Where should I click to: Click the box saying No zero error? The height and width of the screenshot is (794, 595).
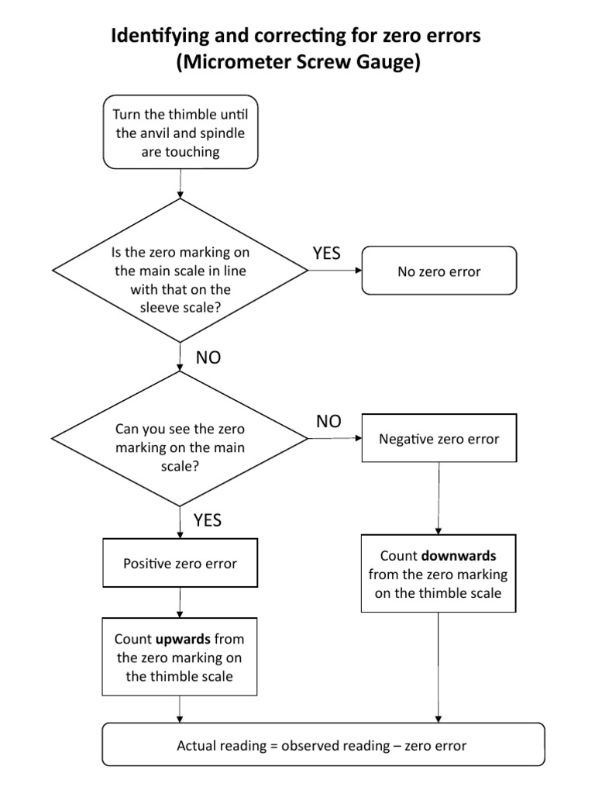pos(439,271)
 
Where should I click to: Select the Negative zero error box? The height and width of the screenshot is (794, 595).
pos(439,439)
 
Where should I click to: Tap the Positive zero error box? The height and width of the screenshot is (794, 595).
pos(180,563)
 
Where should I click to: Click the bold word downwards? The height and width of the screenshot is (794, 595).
pos(459,556)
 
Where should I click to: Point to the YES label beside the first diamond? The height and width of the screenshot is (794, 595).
pos(326,253)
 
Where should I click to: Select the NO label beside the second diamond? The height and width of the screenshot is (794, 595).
pos(328,421)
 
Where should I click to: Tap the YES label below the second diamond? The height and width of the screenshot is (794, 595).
pos(207,520)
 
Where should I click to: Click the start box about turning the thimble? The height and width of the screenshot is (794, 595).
pos(181,133)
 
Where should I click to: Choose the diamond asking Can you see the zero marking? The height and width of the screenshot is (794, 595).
pos(181,439)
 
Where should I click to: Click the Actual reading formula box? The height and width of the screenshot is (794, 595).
pos(323,745)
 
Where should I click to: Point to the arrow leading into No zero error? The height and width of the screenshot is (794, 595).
pos(335,271)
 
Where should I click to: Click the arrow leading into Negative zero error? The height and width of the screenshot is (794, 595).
pos(335,439)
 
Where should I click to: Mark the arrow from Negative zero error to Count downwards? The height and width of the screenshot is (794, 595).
pos(439,498)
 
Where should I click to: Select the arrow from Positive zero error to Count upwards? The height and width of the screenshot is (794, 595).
pos(180,602)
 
